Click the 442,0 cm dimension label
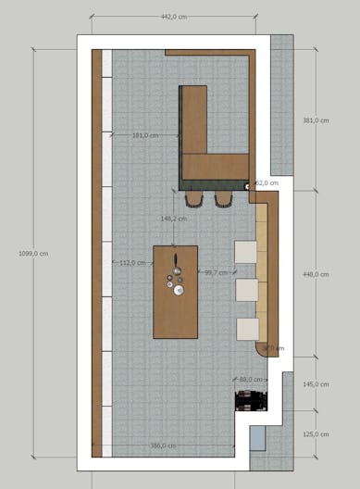coord(175,17)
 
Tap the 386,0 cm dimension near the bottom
coord(164,445)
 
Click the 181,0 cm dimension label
coord(145,135)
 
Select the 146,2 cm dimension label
coord(174,219)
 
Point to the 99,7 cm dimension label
coord(216,272)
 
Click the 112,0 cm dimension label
coord(133,262)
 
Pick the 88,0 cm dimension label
coord(251,380)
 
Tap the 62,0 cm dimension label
coord(266,183)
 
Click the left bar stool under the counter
coord(196,198)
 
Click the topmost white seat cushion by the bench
coord(247,252)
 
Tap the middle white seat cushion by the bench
coord(247,290)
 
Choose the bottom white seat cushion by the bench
coord(247,329)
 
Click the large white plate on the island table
coord(179,290)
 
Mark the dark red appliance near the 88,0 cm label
coord(252,400)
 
